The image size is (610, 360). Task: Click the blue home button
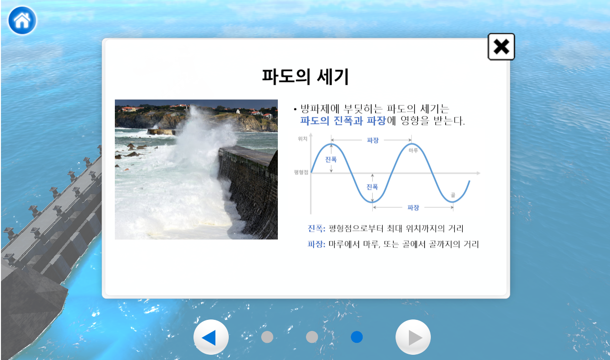(22, 21)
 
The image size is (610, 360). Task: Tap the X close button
(501, 47)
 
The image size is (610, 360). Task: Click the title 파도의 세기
(305, 77)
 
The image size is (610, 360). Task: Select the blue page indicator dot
(357, 337)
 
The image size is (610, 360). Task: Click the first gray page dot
(267, 337)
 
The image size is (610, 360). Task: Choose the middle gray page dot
(312, 337)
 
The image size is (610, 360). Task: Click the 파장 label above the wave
(373, 140)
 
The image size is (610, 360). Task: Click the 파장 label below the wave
(413, 208)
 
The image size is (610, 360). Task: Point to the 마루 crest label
(413, 150)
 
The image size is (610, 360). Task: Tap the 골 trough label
(453, 195)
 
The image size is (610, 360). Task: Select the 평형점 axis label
(301, 172)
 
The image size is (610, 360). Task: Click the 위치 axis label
(303, 139)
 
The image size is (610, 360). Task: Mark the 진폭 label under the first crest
(331, 159)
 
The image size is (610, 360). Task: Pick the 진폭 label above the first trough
(372, 187)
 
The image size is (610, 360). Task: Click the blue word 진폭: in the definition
(316, 228)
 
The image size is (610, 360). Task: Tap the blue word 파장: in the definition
(316, 244)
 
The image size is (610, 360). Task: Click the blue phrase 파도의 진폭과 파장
(343, 121)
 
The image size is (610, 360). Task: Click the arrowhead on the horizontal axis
(478, 173)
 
